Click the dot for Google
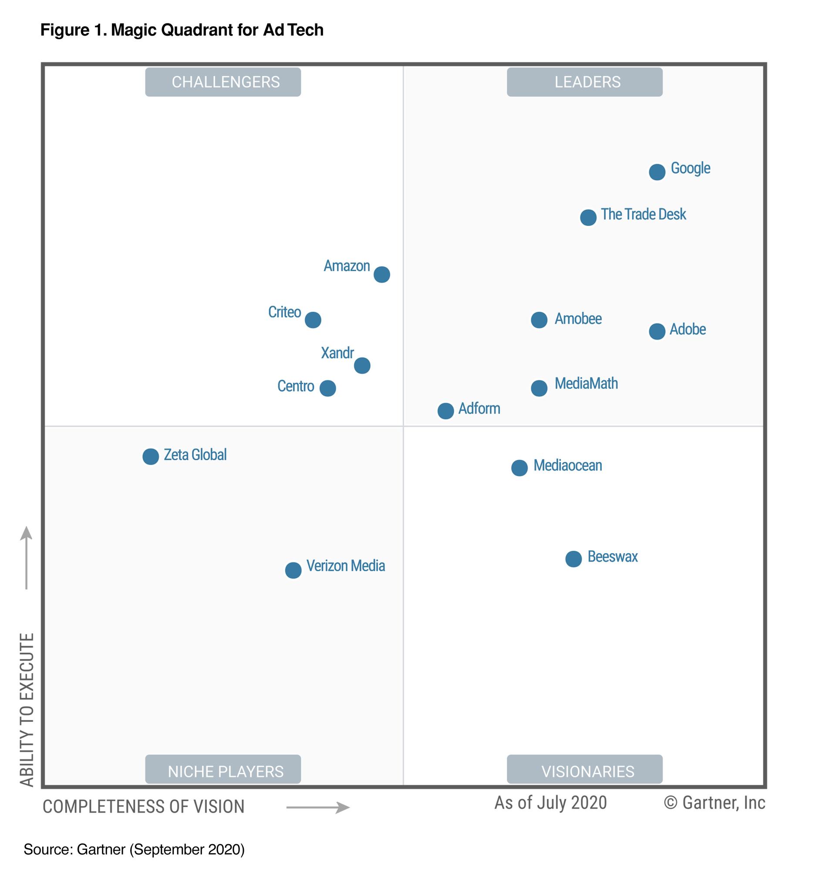657,172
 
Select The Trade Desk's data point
588,218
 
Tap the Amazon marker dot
382,275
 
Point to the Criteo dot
313,320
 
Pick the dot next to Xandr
362,366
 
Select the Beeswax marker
573,559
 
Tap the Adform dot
445,411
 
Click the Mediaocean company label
567,465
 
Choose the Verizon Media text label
345,566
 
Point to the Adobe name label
688,329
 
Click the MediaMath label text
586,384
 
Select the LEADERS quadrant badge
584,82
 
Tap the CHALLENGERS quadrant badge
223,82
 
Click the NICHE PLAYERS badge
223,771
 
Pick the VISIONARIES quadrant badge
584,771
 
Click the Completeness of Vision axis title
143,807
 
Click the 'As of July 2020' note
550,803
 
